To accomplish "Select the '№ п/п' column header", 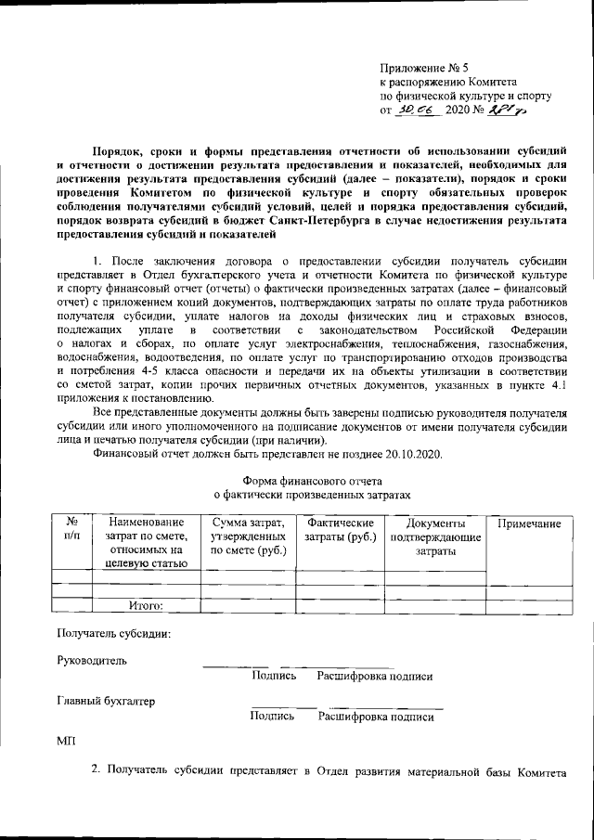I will click(71, 530).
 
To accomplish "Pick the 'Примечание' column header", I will click(529, 524).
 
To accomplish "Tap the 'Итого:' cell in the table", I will click(145, 606).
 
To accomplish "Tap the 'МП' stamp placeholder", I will click(65, 741).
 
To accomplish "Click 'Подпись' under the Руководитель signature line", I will click(274, 677).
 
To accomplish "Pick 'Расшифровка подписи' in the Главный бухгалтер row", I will click(375, 717).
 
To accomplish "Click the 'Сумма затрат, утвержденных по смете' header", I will click(248, 537).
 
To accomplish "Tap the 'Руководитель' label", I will click(93, 661).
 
